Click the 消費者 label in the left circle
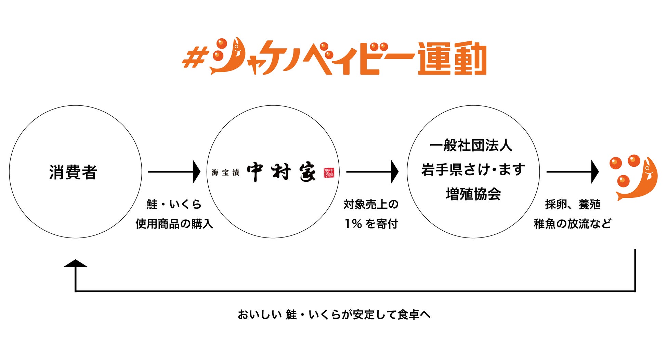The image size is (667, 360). (73, 172)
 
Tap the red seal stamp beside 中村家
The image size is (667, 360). (329, 173)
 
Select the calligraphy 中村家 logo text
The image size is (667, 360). (281, 172)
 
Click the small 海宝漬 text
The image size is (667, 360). (225, 172)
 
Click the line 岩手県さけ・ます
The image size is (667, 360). (473, 170)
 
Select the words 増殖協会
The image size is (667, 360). (473, 194)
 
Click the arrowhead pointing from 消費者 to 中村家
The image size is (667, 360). (197, 172)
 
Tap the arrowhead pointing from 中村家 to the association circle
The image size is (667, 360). (395, 172)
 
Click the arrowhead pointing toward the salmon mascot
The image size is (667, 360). (595, 172)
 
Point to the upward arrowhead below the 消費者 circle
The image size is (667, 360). (76, 263)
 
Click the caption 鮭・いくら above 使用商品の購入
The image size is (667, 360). (174, 204)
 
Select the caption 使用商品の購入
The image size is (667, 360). (174, 224)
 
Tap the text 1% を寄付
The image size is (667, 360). (371, 224)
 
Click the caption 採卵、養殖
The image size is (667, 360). (573, 204)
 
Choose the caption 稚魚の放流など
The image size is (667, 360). (572, 224)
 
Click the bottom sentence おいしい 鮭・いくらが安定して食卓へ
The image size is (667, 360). (334, 314)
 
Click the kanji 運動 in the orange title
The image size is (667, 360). (452, 58)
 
